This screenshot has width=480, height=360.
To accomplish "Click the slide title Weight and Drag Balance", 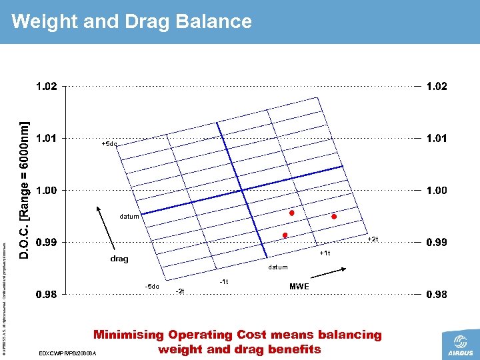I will point(131,21).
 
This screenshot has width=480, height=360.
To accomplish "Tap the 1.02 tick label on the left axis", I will point(46,87).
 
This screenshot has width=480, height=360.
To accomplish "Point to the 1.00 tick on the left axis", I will point(46,191).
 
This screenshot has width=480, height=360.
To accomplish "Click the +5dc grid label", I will point(109,144).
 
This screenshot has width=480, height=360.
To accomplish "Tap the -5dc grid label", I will point(152,287).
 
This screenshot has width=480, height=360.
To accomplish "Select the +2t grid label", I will point(373,239).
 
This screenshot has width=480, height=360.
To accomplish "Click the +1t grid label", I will point(325,253).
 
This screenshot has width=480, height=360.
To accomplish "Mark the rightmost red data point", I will point(334,217).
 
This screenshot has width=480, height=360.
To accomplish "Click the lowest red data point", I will point(285,235).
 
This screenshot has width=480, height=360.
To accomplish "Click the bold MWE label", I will point(299,287).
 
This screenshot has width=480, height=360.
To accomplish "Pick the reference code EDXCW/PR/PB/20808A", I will point(68,353).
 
